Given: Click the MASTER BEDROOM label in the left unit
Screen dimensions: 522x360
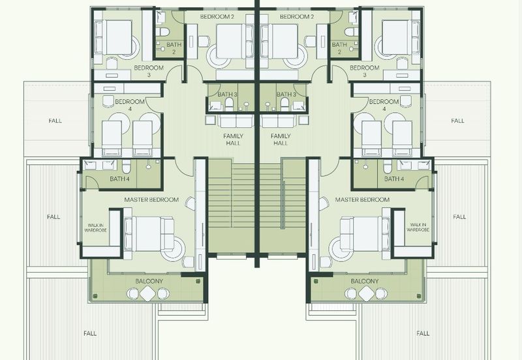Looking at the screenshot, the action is click(151, 200).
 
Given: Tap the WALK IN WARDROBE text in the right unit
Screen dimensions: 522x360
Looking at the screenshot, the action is click(418, 227).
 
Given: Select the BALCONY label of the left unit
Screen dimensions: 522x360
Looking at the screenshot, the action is click(149, 281).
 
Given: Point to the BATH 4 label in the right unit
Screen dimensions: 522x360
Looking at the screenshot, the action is click(394, 179).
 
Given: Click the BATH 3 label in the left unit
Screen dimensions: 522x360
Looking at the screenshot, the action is click(227, 95).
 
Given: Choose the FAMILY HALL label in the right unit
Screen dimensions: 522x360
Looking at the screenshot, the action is click(281, 140).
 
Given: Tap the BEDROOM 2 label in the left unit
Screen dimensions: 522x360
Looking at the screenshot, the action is click(215, 16).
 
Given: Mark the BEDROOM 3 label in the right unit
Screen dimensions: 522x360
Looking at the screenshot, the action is click(365, 71).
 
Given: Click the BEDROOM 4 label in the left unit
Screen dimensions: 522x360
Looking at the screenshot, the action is click(130, 105).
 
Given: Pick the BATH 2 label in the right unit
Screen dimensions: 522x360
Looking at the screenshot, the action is click(339, 48).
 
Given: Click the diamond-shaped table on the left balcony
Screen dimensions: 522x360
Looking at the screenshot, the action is click(147, 293).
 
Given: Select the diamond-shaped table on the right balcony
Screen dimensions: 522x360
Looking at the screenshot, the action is click(367, 293).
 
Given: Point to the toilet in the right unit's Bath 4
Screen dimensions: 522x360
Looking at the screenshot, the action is click(387, 166).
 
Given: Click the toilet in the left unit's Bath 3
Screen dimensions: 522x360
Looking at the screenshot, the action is click(229, 104).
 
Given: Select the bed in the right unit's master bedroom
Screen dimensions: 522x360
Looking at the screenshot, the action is click(365, 234).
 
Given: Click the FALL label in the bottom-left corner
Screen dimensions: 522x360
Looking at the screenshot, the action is click(90, 333).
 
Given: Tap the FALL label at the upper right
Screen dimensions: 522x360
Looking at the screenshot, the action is click(458, 121).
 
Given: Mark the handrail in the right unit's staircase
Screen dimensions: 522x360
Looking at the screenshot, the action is click(283, 205).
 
